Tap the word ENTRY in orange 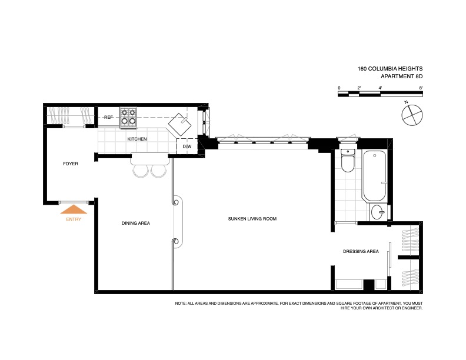(74, 219)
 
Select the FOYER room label (71, 164)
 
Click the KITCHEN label (137, 139)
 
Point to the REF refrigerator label (108, 117)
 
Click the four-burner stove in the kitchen (128, 117)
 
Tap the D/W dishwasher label (187, 146)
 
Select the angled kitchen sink (180, 124)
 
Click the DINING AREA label (136, 223)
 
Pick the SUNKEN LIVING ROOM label (252, 219)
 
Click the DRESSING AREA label (361, 251)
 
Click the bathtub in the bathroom (374, 176)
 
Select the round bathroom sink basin (378, 212)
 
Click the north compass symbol (412, 115)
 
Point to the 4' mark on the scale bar (380, 88)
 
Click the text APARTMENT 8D (401, 76)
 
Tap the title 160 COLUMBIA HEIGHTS (390, 69)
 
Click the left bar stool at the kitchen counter (141, 171)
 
